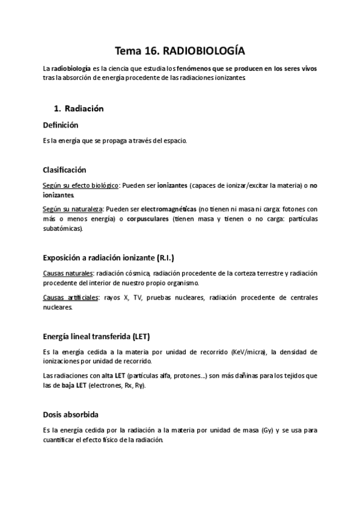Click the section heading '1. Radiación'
click(x=79, y=109)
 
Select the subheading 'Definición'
click(x=61, y=125)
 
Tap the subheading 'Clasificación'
click(x=65, y=170)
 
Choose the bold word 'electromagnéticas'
click(x=169, y=209)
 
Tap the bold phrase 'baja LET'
click(x=72, y=385)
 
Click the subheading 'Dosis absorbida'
click(x=71, y=415)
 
